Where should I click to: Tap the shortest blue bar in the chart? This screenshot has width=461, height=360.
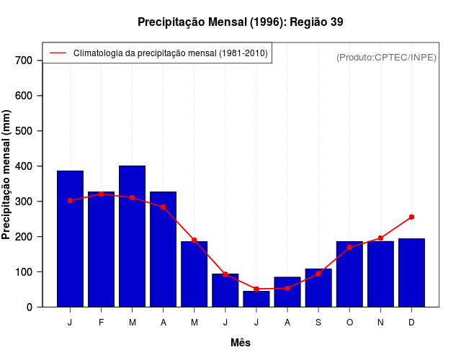coord(256,299)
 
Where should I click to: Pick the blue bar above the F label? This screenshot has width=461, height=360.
coord(101,249)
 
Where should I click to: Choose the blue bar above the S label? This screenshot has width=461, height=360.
coord(318,288)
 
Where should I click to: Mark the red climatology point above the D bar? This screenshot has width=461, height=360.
coord(411,217)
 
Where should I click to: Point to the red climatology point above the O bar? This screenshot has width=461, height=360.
coord(349,247)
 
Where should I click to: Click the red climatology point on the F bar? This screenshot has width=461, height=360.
coord(101,194)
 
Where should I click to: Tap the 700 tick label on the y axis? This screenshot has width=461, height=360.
coord(24,60)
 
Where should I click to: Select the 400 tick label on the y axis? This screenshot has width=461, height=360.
coord(24,166)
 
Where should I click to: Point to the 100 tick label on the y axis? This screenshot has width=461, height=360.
coord(24,272)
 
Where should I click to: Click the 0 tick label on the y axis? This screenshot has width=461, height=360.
coord(30,307)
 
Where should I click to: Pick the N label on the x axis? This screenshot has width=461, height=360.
coord(380,323)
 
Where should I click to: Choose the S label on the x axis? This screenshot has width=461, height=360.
coord(318,323)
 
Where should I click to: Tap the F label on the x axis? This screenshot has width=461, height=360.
coord(101,323)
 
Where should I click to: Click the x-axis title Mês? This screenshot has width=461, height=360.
coord(241,343)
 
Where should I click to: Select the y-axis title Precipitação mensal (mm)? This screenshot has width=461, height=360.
coord(7,175)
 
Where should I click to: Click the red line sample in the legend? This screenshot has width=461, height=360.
coord(57,53)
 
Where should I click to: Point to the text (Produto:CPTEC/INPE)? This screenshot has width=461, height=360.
coord(386,57)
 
